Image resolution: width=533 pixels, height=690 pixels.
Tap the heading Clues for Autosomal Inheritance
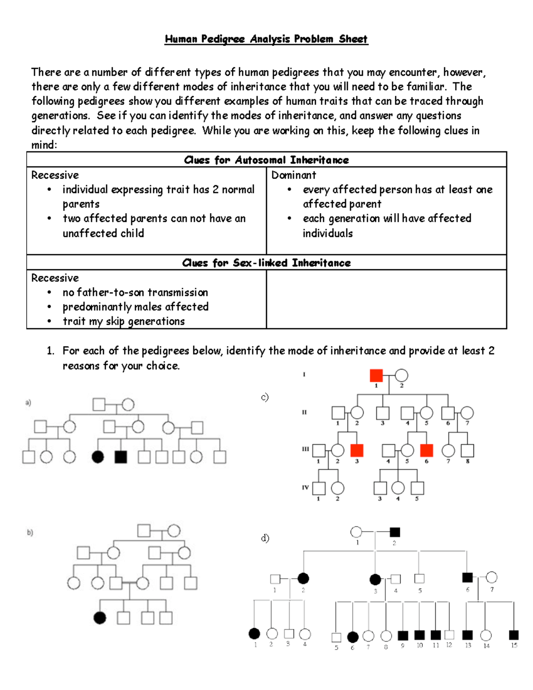(266, 160)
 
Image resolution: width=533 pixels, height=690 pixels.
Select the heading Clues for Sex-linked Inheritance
(266, 263)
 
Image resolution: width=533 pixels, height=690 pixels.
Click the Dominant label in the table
(294, 175)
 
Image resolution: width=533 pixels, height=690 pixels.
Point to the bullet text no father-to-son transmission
(135, 292)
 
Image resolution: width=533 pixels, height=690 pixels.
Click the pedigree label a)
(28, 403)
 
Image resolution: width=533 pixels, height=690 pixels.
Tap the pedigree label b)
(30, 532)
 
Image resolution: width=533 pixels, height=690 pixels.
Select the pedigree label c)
(265, 397)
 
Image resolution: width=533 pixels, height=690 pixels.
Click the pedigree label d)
(265, 538)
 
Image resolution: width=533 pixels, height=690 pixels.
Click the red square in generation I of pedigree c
(376, 375)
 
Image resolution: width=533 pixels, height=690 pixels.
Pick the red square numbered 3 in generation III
(357, 451)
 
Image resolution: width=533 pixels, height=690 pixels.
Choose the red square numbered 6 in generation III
(426, 451)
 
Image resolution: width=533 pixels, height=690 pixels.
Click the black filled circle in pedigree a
(98, 457)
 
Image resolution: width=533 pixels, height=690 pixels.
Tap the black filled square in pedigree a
(121, 457)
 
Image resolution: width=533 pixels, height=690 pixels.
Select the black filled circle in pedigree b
(100, 618)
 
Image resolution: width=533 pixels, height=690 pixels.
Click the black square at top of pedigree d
(394, 532)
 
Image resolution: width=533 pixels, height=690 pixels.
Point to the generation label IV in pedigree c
(305, 487)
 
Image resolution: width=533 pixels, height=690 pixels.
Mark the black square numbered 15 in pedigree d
(513, 635)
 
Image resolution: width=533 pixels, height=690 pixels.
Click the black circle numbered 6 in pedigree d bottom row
(353, 637)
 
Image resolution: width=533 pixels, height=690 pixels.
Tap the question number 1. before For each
(51, 351)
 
